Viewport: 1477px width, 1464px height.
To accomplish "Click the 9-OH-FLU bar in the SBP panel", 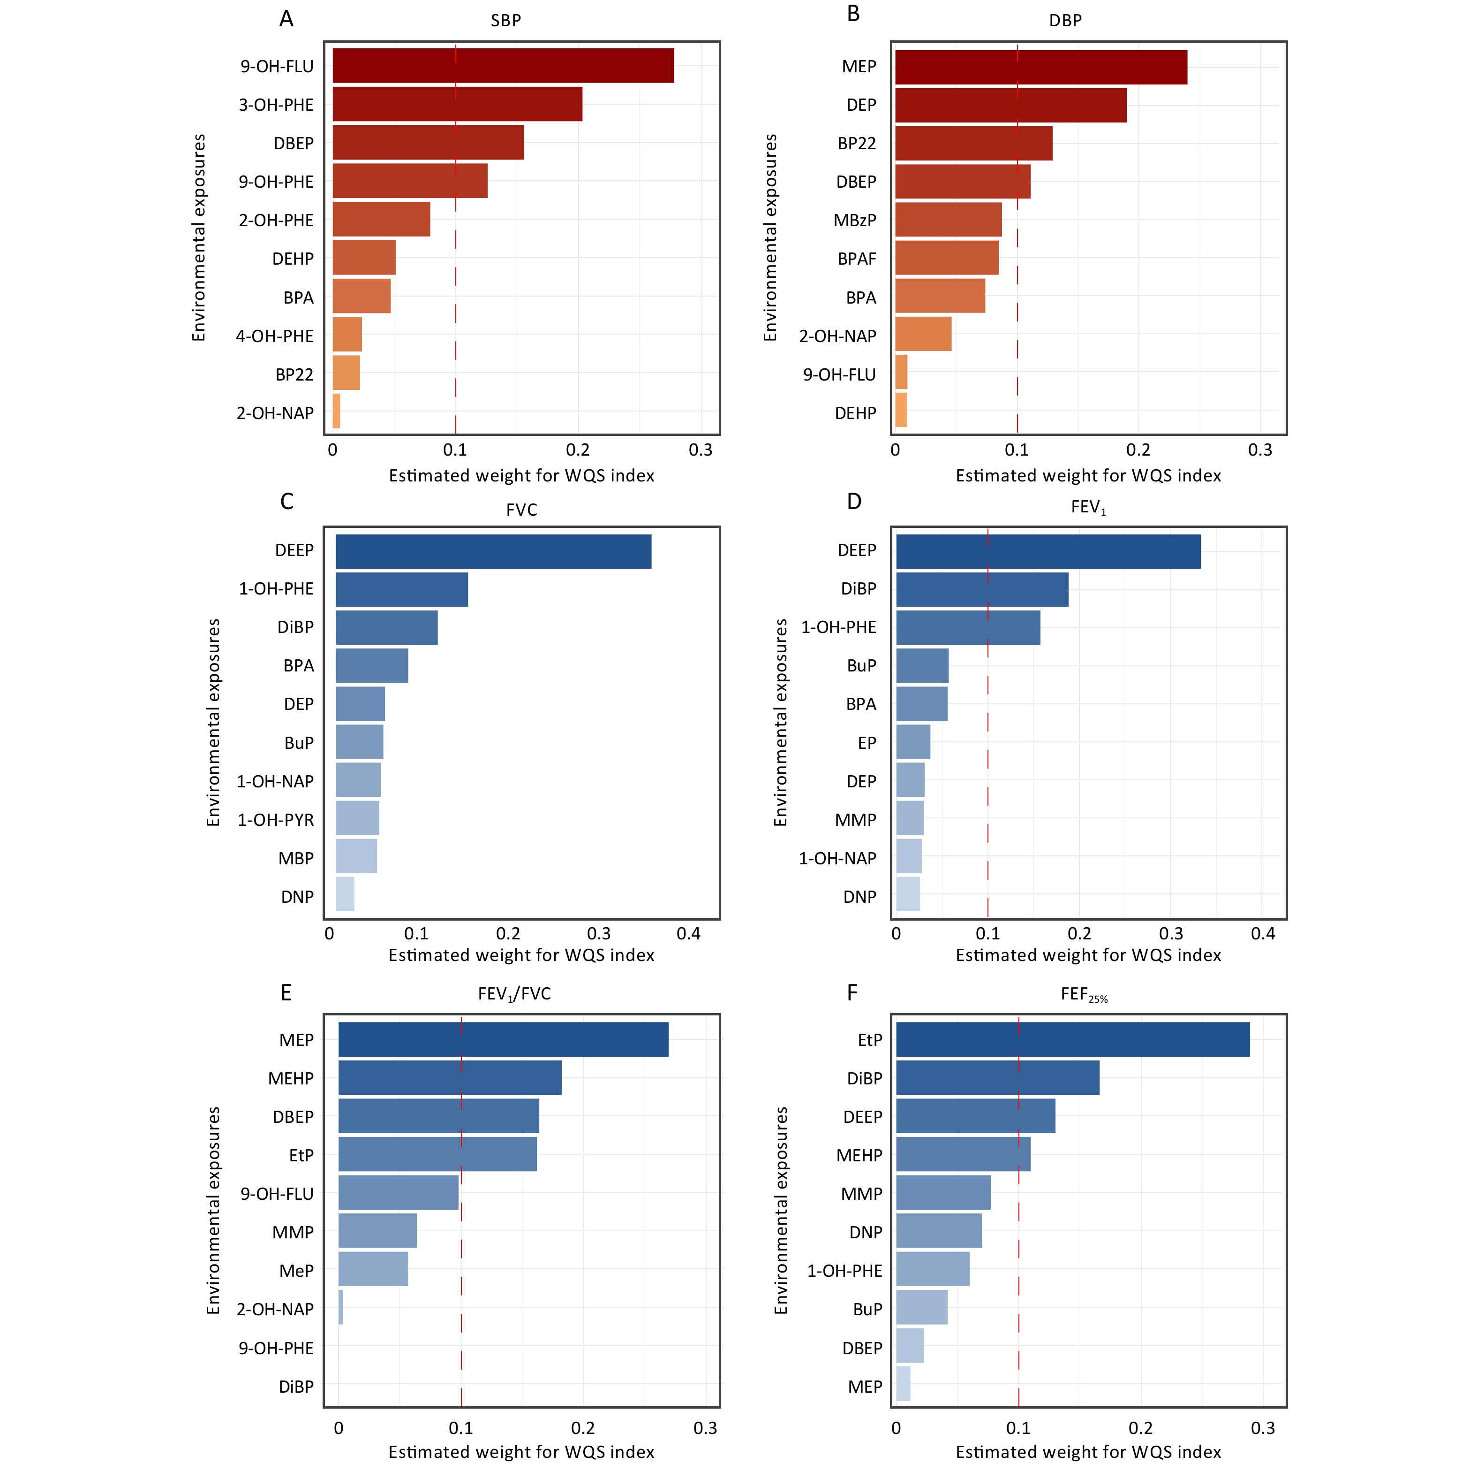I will [503, 66].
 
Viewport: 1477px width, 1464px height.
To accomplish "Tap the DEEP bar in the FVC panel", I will [493, 551].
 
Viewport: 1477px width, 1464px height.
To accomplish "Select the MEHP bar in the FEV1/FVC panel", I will [450, 1078].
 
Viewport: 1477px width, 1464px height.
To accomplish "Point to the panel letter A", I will [286, 19].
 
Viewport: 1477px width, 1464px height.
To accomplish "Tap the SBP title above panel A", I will [505, 21].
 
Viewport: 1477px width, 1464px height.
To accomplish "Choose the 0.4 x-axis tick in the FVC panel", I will [689, 934].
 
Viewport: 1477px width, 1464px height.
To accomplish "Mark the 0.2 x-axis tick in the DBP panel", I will [1138, 450].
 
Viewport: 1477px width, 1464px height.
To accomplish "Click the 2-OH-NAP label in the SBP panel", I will [275, 413].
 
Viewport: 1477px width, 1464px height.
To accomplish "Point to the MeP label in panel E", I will [297, 1271].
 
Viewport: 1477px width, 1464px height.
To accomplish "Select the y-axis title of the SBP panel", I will [199, 238].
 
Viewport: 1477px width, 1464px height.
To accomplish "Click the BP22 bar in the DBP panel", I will [973, 144].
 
